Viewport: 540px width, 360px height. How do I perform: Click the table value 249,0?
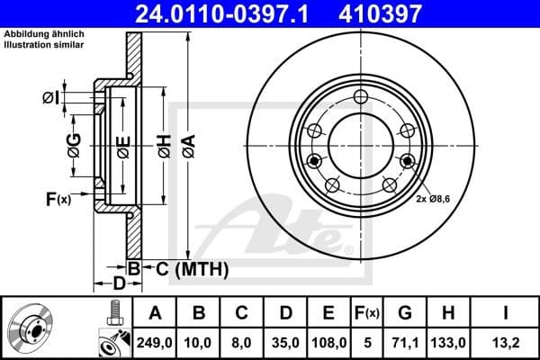pyautogui.click(x=155, y=341)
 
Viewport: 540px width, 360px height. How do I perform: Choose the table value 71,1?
pyautogui.click(x=406, y=341)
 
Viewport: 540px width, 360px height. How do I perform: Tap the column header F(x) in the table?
pyautogui.click(x=369, y=313)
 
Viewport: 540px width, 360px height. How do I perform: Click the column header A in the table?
pyautogui.click(x=155, y=313)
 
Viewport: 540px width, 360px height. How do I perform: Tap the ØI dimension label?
pyautogui.click(x=50, y=96)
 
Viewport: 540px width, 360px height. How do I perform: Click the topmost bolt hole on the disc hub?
pyautogui.click(x=360, y=98)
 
